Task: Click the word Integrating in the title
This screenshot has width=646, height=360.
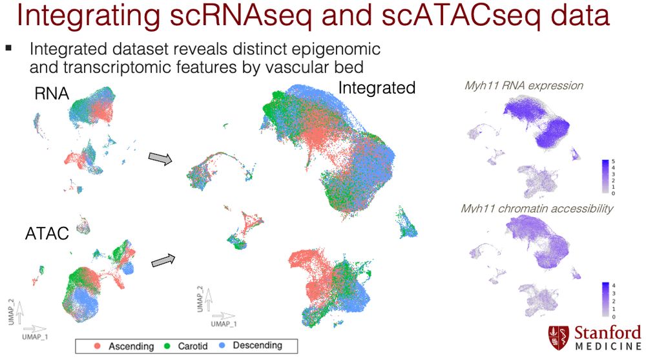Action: [x=88, y=16]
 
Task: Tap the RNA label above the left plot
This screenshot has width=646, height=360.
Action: [x=52, y=94]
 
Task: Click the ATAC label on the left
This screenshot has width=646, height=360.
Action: [x=47, y=233]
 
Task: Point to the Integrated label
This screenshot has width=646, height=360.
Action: [x=377, y=88]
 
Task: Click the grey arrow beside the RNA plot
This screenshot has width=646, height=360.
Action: [x=160, y=158]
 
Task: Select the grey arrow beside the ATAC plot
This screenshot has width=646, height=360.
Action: [x=163, y=260]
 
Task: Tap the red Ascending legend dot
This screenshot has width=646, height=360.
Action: [x=98, y=346]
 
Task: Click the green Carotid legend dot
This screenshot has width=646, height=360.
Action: [x=167, y=346]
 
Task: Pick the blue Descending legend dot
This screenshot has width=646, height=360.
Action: [x=222, y=346]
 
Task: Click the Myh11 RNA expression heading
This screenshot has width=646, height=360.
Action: [x=524, y=86]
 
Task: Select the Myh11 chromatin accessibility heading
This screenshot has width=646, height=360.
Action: [x=537, y=208]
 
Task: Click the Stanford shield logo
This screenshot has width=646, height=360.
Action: [x=558, y=338]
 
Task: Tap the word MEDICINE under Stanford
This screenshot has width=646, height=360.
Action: [x=608, y=346]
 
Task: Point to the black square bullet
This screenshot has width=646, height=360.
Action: [x=8, y=48]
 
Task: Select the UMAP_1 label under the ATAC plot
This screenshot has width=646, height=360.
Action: [x=35, y=337]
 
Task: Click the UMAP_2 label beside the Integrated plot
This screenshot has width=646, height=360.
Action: [x=200, y=299]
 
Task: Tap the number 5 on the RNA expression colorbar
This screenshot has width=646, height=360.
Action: [x=613, y=161]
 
